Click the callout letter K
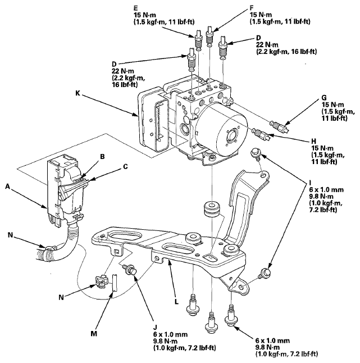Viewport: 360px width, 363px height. (78, 93)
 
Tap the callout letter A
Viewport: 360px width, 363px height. (8, 187)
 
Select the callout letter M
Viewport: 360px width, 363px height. (94, 334)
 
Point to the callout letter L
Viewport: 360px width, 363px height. (176, 302)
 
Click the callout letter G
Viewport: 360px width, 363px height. (325, 97)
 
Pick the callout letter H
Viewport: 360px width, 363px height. (314, 141)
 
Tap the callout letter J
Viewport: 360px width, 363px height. (155, 328)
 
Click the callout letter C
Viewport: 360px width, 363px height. (125, 167)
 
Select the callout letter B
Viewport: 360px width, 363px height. (102, 157)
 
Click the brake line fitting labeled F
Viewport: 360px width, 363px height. (209, 36)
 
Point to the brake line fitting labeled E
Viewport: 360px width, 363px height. (198, 40)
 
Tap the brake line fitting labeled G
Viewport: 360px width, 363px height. (279, 126)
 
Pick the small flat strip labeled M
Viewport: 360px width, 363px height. (115, 282)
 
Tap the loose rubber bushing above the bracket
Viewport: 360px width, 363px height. (211, 209)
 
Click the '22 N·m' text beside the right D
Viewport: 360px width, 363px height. (267, 45)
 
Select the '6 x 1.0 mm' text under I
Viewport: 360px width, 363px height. (326, 190)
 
